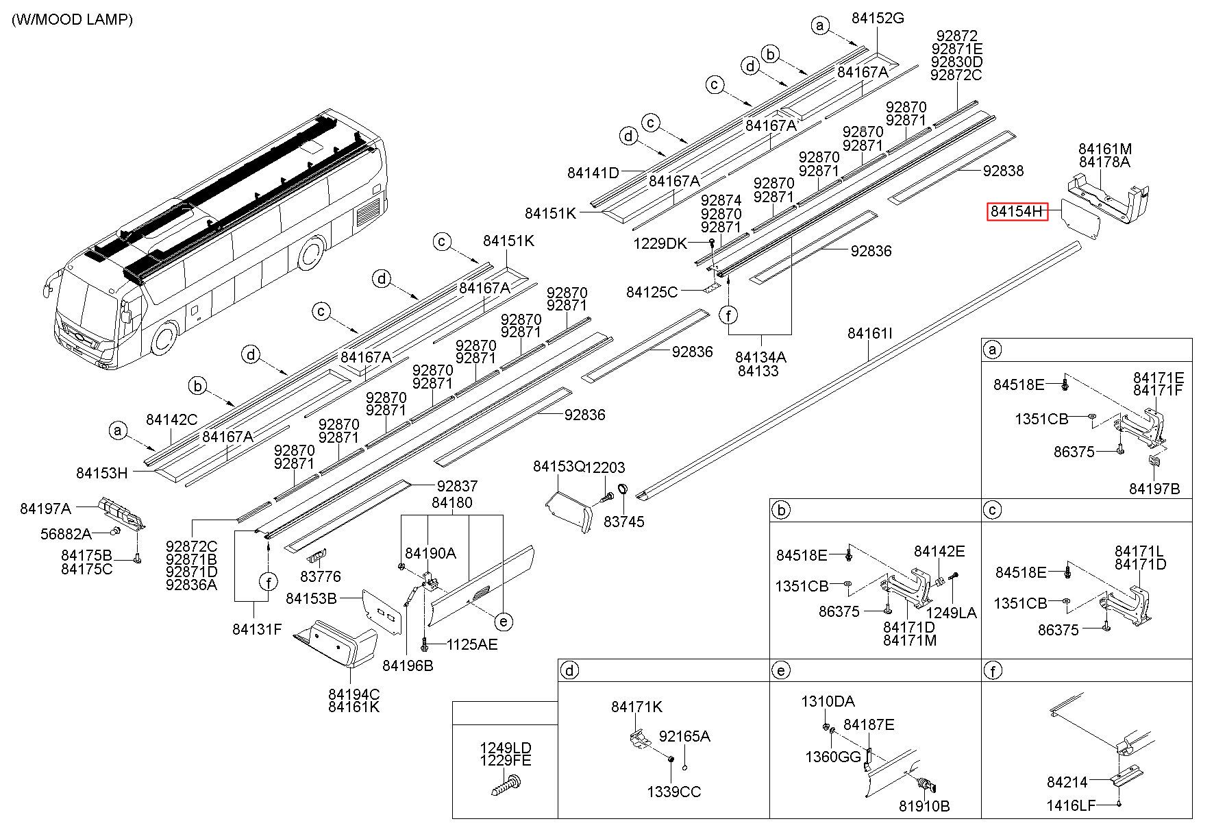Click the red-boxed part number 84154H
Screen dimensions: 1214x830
click(x=1017, y=212)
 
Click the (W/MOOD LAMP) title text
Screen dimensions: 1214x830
click(x=73, y=20)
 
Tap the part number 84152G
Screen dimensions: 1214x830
click(x=878, y=19)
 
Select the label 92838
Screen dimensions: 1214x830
click(x=1003, y=171)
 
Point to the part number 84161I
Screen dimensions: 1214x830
click(x=870, y=333)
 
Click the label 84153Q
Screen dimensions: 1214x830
click(x=559, y=467)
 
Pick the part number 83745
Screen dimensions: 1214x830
click(x=624, y=522)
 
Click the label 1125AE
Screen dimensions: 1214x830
click(x=472, y=644)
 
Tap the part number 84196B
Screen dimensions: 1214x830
click(x=408, y=665)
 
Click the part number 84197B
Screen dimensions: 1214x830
click(x=1154, y=489)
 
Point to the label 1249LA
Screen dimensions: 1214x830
click(x=951, y=613)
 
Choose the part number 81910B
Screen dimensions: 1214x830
click(x=924, y=806)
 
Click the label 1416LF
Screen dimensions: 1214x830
click(x=1071, y=805)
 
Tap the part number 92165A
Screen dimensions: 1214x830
click(x=684, y=736)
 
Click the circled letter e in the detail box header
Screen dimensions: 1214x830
click(x=780, y=670)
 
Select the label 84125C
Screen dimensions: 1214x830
click(x=652, y=293)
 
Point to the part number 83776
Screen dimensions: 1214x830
click(x=320, y=576)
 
